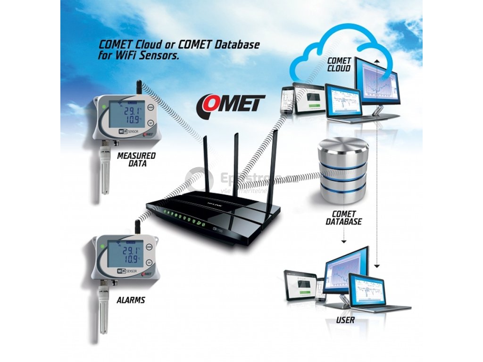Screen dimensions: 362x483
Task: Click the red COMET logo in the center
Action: [x=231, y=103]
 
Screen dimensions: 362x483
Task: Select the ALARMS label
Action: [x=131, y=300]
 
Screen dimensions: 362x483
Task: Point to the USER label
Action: [x=345, y=321]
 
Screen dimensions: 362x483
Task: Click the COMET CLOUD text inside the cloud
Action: [x=339, y=65]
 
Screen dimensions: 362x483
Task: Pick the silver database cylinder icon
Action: [x=343, y=170]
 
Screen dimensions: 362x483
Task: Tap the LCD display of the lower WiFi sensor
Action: [x=125, y=255]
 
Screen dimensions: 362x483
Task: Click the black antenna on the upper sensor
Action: [x=140, y=89]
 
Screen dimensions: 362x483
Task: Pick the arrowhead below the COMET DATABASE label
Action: [x=343, y=241]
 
